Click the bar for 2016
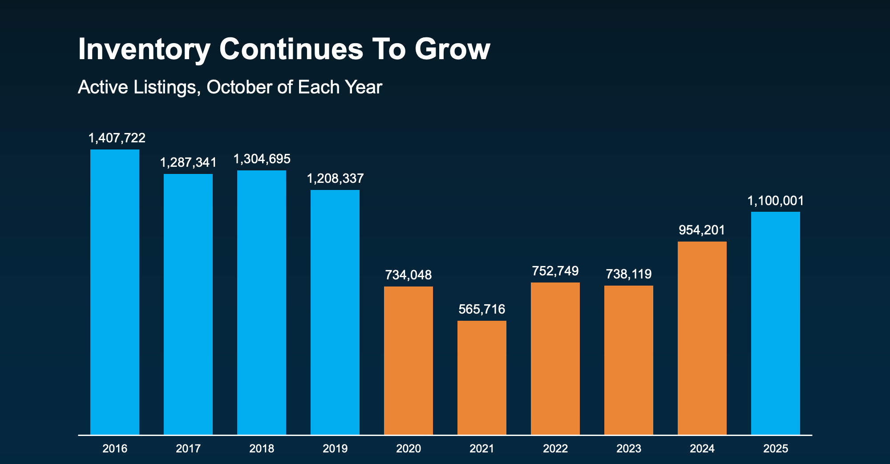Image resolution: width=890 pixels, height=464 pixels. click(x=115, y=292)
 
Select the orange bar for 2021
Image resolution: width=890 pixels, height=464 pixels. click(x=482, y=377)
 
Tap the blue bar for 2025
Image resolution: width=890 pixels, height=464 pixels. click(x=776, y=323)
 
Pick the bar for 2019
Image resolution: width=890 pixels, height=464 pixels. click(x=335, y=312)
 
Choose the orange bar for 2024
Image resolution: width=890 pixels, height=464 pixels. click(x=702, y=338)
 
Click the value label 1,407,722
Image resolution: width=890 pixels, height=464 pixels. click(x=117, y=138)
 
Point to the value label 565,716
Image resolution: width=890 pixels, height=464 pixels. click(x=482, y=309)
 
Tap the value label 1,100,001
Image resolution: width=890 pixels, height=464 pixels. click(x=776, y=201)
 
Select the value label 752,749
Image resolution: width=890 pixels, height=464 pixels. click(x=555, y=271)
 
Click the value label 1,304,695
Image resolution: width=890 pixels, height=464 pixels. click(x=262, y=159)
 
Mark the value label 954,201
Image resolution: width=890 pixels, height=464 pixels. click(x=702, y=230)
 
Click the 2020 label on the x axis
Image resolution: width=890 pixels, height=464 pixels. click(x=409, y=448)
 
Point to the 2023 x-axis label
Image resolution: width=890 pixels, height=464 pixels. click(x=629, y=448)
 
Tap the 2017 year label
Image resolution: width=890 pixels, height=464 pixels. click(x=188, y=448)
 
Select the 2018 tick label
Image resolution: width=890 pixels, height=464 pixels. click(x=262, y=448)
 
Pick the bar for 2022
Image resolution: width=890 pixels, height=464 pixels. click(x=555, y=358)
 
